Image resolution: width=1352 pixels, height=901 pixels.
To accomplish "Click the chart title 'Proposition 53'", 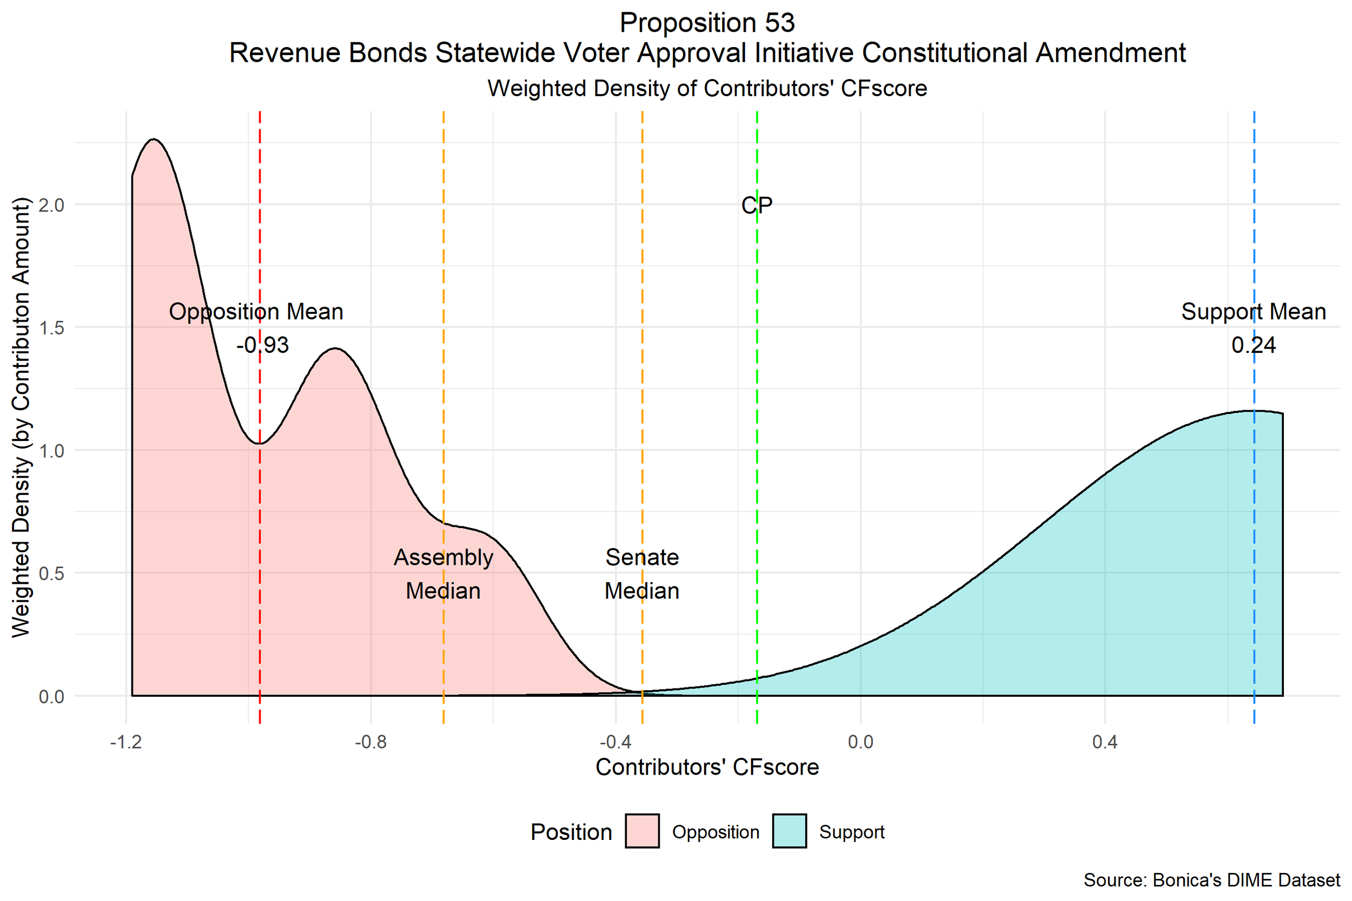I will pos(707,23).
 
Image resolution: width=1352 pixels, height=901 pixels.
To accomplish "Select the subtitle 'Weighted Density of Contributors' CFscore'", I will pos(707,89).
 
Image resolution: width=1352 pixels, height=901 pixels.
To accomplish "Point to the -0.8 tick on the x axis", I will pos(371,743).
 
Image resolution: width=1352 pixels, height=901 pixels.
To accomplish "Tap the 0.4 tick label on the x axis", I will pos(1104,743).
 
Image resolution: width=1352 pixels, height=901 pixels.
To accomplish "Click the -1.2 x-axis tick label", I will pos(126,743).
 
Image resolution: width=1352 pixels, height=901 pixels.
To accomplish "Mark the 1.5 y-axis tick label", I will pos(51,328).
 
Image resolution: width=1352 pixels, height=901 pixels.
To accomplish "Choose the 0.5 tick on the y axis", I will pos(51,573).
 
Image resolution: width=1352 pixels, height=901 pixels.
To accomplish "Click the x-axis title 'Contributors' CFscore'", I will pos(707,767).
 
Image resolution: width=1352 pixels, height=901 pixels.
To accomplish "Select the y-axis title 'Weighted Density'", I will pos(21,418).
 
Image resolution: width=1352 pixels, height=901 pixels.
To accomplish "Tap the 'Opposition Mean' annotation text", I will pos(256,312).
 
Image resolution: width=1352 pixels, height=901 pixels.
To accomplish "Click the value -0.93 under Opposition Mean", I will pos(262,345).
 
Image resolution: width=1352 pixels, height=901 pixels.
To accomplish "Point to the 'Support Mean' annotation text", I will pos(1253,312).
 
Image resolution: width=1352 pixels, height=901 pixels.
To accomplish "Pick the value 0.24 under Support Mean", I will pos(1253,345).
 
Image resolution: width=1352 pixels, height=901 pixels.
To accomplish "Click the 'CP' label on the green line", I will pos(757,205).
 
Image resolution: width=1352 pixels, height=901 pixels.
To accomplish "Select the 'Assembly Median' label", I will pos(443,574).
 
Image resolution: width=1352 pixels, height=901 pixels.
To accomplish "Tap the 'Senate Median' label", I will pos(642,574).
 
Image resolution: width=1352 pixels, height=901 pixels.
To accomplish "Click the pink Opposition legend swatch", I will pos(642,831).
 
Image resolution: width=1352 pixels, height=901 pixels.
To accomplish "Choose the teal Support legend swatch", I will pos(789,831).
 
